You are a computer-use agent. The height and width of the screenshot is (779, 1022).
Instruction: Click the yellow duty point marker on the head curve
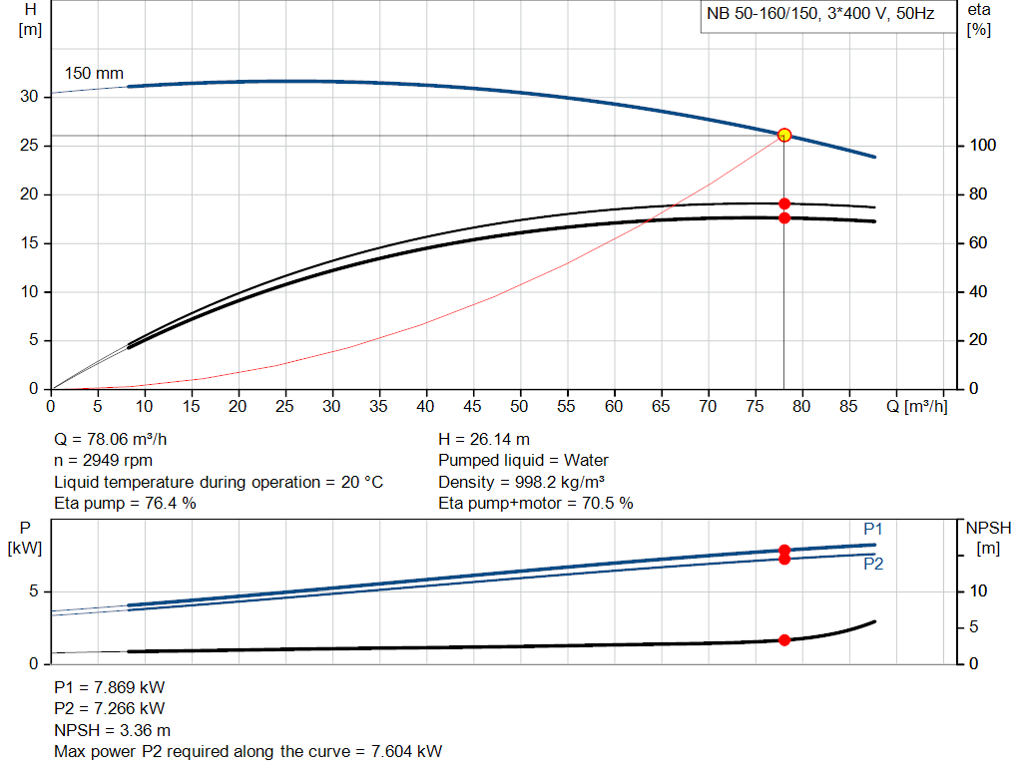point(783,135)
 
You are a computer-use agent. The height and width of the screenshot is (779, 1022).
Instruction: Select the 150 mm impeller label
point(94,74)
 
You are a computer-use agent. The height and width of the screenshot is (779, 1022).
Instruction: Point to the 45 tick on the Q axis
point(472,406)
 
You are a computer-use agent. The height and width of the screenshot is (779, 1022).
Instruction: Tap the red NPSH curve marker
point(783,640)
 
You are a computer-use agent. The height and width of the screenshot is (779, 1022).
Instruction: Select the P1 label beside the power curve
point(873,529)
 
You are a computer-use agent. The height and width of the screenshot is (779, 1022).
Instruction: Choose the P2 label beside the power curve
point(873,564)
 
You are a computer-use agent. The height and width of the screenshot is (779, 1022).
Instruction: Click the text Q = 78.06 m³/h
point(118,439)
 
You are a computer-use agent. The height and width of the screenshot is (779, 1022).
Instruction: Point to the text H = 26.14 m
point(484,439)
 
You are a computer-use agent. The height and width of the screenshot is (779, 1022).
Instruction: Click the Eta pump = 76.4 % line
point(125,504)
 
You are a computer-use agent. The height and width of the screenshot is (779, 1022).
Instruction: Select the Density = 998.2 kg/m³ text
point(521,482)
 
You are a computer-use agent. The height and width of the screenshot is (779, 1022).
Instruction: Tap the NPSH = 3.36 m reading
point(112,730)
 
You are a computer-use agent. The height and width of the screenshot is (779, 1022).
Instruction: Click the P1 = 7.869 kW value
point(110,687)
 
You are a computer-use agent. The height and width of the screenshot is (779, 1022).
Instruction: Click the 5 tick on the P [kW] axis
point(33,591)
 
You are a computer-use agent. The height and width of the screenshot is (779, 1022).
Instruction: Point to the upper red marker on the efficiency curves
point(783,203)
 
